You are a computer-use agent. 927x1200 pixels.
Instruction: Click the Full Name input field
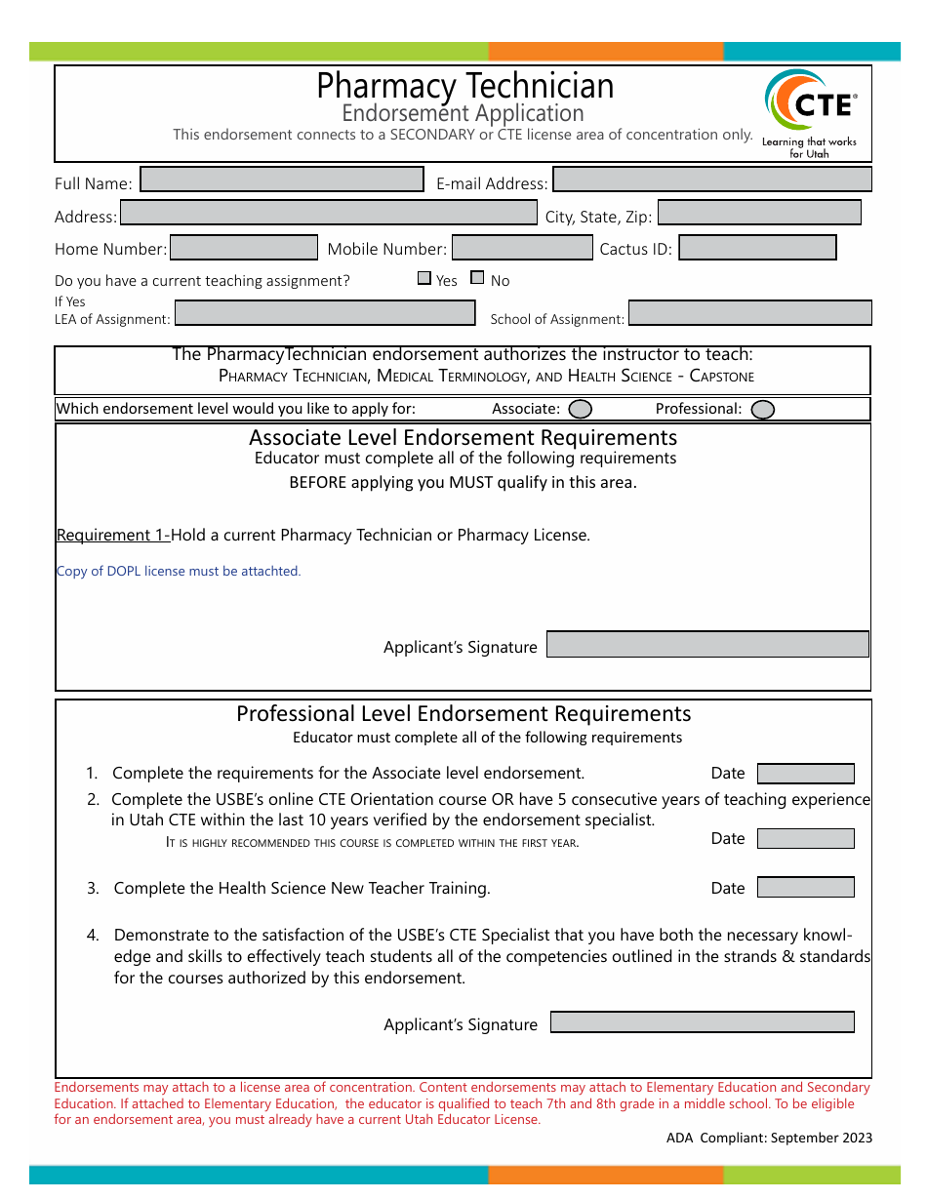click(282, 180)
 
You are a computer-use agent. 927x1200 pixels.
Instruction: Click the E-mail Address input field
click(711, 180)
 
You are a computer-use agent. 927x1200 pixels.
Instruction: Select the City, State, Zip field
click(759, 213)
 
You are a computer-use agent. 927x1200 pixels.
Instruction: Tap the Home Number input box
click(244, 248)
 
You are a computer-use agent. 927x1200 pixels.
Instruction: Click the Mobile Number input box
click(522, 248)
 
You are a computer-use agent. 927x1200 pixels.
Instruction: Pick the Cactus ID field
click(757, 248)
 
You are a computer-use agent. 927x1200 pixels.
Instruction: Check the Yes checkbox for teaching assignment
click(424, 278)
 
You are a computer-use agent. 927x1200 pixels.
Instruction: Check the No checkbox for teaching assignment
click(477, 278)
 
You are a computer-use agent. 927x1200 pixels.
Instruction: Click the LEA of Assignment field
click(324, 313)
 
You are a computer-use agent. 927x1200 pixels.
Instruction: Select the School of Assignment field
click(749, 313)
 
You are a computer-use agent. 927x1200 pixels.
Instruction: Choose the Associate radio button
click(580, 409)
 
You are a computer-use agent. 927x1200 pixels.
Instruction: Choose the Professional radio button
click(763, 409)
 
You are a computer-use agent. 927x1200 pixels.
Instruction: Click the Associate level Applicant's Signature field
click(707, 645)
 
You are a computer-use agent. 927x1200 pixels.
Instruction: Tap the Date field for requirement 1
click(806, 774)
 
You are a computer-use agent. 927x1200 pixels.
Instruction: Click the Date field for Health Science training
click(806, 888)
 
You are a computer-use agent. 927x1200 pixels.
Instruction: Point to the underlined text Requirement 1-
click(113, 535)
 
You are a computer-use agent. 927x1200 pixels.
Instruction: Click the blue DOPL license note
click(179, 571)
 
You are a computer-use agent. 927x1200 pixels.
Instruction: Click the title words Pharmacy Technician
click(465, 86)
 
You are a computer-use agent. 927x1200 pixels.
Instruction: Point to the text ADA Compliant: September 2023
click(770, 1138)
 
